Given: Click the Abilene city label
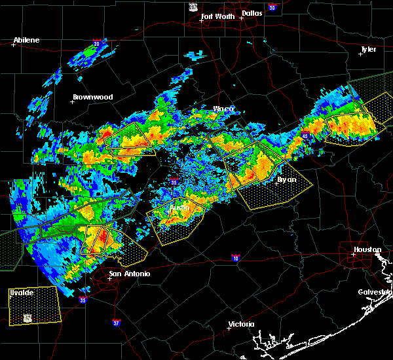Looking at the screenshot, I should point(26,40).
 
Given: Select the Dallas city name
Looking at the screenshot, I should point(252,12).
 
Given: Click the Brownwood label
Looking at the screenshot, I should point(92,97).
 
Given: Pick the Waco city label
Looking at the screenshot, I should point(223,109).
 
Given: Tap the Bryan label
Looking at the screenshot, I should point(286,179).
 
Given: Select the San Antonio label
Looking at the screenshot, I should point(129,274).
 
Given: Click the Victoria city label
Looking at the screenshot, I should point(242,325).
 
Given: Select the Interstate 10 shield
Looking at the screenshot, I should point(235,257).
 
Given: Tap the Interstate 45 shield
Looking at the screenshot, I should point(305,135).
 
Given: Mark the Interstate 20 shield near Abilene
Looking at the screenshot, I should point(96,44).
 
